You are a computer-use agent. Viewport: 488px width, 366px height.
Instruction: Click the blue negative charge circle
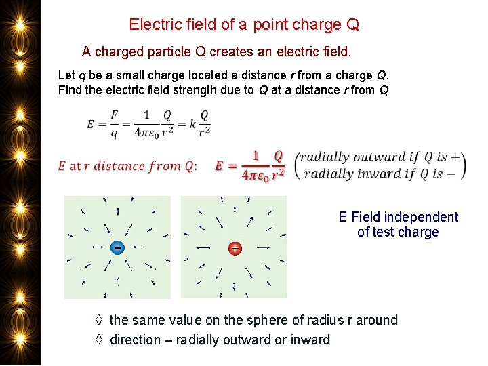point(117,248)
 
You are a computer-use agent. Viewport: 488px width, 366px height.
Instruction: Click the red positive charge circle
point(235,249)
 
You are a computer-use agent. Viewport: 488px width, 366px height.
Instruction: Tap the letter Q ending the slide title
point(352,25)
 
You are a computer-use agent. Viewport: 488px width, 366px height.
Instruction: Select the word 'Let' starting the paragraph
point(66,75)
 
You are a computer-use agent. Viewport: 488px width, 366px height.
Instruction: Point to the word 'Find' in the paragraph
point(70,90)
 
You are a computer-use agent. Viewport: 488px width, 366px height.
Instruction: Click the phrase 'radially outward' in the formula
point(352,157)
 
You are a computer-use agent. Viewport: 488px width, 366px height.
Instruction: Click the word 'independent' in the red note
point(421,217)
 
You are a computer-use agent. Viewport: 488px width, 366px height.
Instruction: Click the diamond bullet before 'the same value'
point(99,320)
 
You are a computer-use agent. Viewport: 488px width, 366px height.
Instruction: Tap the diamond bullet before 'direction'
point(99,340)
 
